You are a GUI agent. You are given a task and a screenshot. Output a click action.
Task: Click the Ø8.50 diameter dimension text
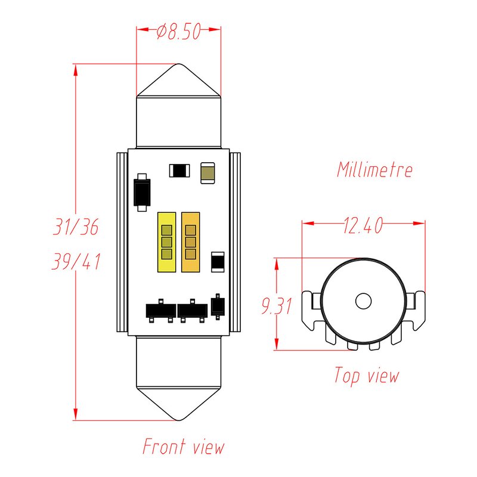tap(178, 32)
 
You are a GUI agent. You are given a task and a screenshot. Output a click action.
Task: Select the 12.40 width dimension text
tap(362, 226)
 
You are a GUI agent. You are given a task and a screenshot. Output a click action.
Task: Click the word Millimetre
tap(374, 169)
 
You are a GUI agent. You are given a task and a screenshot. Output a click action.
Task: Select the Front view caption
tap(183, 446)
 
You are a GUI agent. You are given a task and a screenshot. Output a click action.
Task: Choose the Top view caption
tap(366, 376)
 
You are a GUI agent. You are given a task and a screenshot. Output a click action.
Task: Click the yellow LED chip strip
tap(166, 241)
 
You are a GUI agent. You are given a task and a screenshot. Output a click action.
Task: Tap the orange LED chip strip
tap(190, 241)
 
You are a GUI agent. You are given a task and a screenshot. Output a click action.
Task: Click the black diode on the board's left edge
tap(141, 192)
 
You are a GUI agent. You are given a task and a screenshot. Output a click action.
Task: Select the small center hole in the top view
tap(363, 302)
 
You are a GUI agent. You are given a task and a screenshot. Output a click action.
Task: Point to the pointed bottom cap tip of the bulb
tap(179, 419)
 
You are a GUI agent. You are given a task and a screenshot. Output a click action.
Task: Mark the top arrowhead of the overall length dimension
tap(76, 69)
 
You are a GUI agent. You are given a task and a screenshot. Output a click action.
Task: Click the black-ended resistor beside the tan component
tap(179, 171)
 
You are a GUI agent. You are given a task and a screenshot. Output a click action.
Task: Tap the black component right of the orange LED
tap(218, 261)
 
